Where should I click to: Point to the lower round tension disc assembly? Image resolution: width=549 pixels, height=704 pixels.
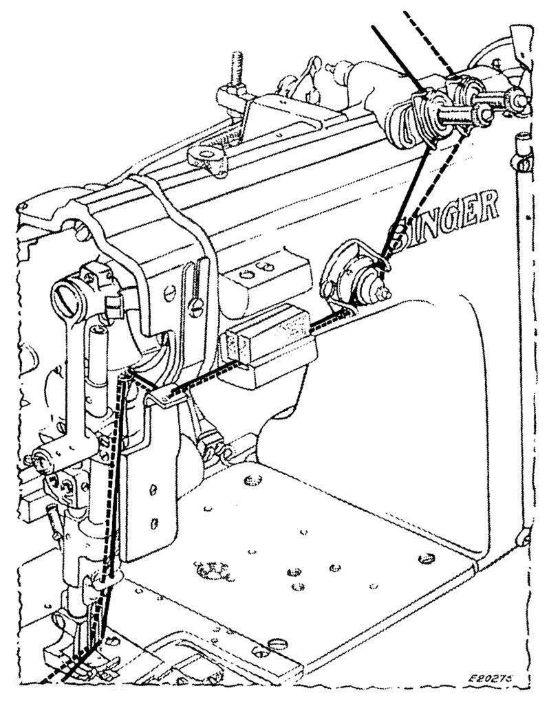pos(355,276)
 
